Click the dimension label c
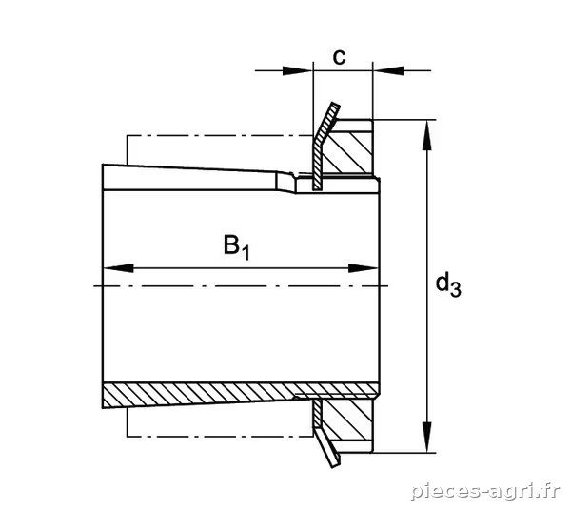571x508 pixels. click(x=340, y=57)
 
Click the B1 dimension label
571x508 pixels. click(x=237, y=247)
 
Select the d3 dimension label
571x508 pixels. click(x=448, y=285)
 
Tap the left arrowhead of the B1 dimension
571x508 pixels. click(x=118, y=268)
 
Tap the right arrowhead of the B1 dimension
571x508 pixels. click(x=364, y=268)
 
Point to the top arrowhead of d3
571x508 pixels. click(x=426, y=135)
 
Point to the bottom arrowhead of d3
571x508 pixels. click(x=426, y=438)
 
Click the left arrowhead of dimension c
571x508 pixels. click(x=298, y=70)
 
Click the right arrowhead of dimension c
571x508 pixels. click(x=388, y=70)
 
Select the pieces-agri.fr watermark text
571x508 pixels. click(x=485, y=492)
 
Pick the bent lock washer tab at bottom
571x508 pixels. click(x=325, y=433)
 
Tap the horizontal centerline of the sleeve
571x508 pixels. click(x=241, y=286)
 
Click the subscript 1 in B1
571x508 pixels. click(x=246, y=253)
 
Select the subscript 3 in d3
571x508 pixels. click(x=456, y=290)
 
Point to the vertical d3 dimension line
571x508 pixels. click(x=426, y=286)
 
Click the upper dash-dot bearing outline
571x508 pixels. click(x=219, y=136)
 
